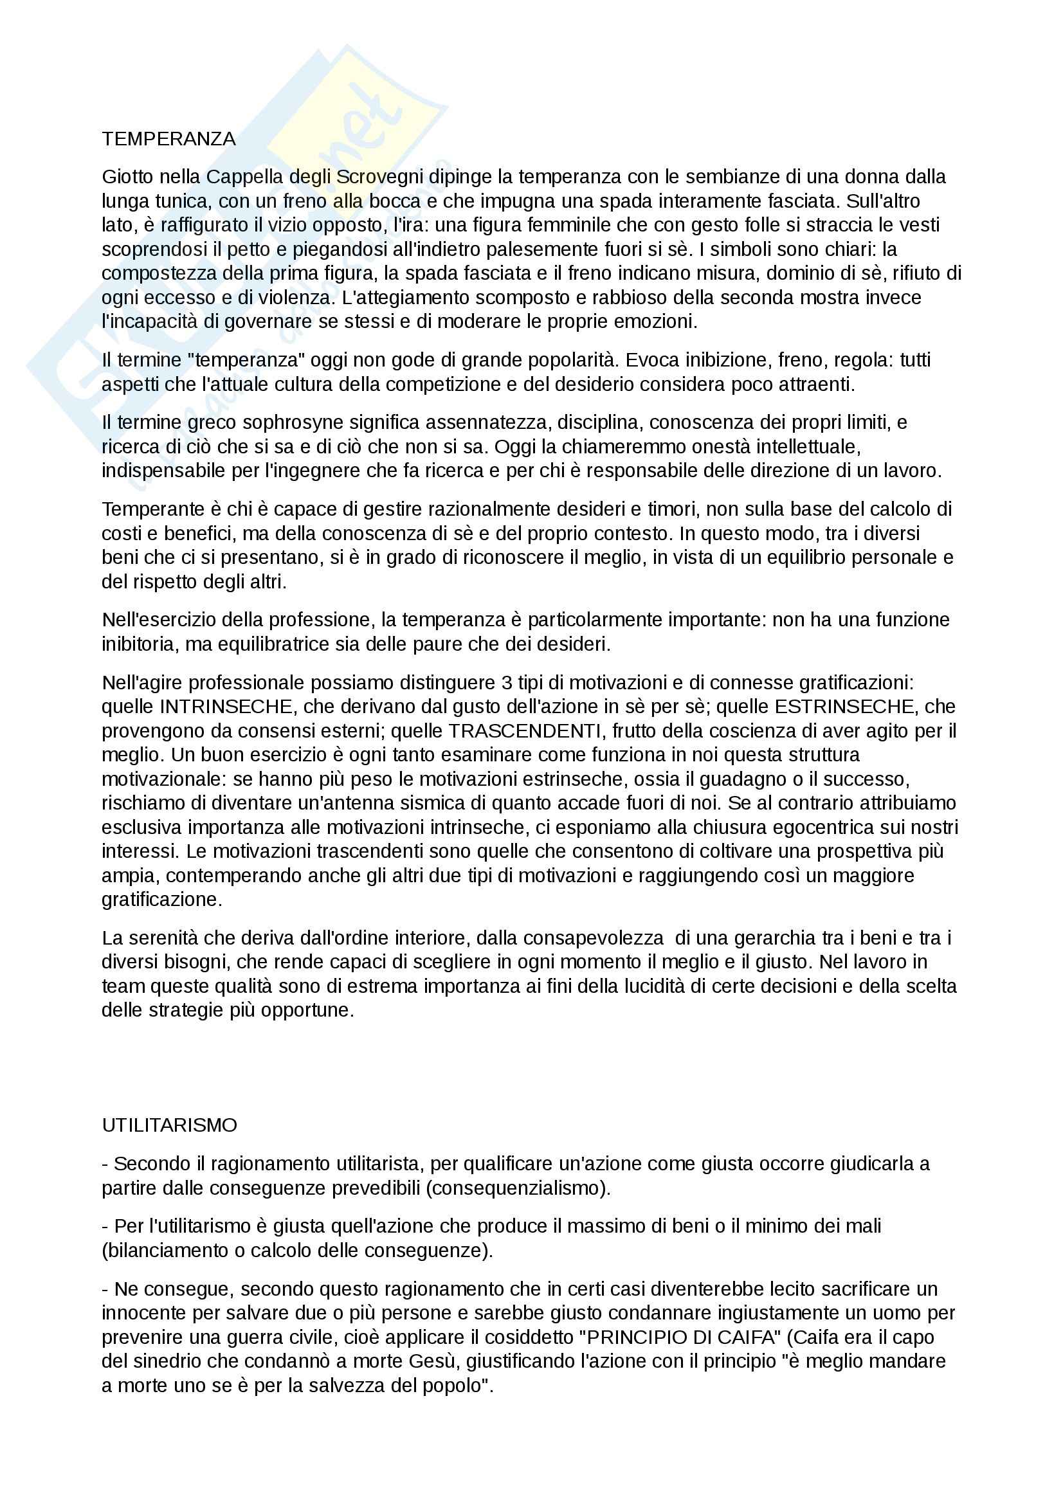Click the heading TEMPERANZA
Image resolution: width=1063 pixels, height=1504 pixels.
(168, 139)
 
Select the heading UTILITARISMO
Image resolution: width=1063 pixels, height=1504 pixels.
(169, 1125)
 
